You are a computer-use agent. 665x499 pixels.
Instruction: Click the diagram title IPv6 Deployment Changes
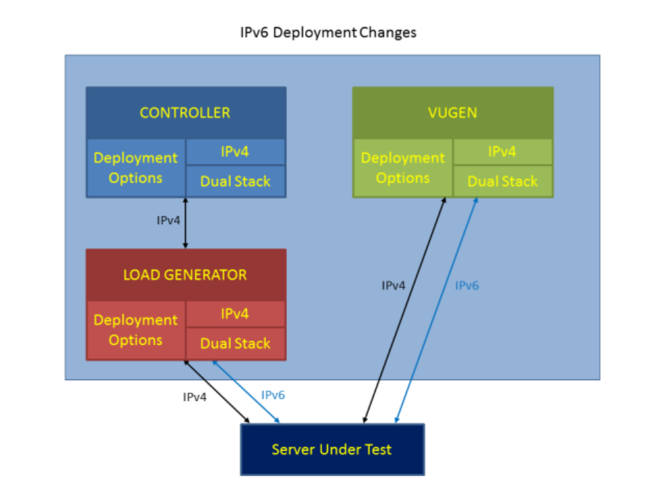coord(327,32)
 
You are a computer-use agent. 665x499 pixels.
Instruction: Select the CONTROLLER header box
coord(185,113)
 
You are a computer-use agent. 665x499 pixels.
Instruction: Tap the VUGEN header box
coord(453,113)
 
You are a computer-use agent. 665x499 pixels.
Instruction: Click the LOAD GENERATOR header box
coord(185,274)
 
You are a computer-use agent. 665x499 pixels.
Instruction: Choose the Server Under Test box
coord(331,450)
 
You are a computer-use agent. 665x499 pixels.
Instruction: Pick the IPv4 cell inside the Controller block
coord(235,152)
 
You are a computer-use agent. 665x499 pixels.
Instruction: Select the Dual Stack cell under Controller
coord(235,182)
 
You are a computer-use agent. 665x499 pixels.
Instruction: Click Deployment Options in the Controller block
coord(136,168)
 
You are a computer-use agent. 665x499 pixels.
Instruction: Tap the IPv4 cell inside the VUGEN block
coord(502,152)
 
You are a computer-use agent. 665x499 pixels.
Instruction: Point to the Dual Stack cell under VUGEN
coord(502,182)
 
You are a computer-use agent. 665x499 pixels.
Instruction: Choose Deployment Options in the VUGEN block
coord(403,168)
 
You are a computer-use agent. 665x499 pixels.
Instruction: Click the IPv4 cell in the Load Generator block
coord(235,314)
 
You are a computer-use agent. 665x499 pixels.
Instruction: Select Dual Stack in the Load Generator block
coord(235,343)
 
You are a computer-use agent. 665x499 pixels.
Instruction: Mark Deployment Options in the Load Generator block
coord(136,330)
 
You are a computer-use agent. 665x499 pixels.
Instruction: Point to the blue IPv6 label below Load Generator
coord(273,395)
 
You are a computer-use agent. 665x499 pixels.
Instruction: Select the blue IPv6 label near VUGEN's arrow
coord(466,285)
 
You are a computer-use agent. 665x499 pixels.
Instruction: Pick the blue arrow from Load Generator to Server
coord(247,392)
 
